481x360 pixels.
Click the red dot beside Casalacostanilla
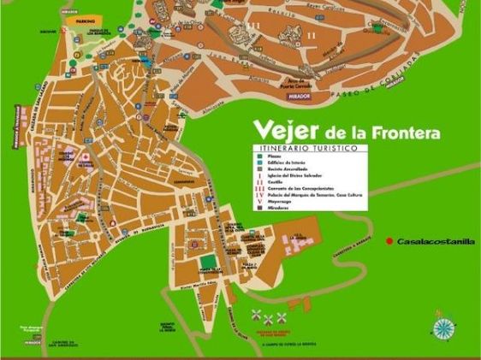(389, 241)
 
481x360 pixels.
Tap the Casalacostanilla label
(435, 242)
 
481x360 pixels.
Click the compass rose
(443, 328)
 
